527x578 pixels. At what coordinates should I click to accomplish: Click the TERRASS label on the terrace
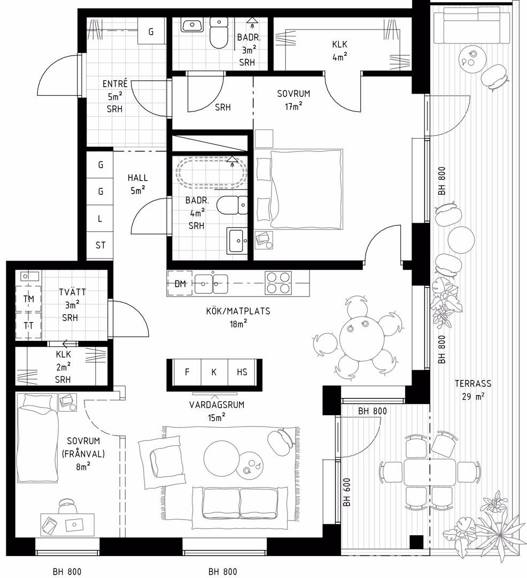(x=473, y=383)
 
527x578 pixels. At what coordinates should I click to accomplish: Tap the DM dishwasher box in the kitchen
(x=180, y=284)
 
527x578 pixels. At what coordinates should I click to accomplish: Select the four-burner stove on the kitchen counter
(x=278, y=283)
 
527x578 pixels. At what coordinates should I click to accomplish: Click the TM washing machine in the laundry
(x=29, y=299)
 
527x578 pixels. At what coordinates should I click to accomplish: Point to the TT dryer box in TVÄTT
(x=29, y=325)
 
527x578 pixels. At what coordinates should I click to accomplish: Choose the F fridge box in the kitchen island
(x=187, y=372)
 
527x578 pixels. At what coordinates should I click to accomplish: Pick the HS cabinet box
(x=242, y=372)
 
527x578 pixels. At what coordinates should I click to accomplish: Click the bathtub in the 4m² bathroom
(x=211, y=172)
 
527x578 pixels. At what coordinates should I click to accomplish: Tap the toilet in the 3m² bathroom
(x=219, y=33)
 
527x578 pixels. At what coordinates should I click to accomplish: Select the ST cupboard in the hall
(x=100, y=245)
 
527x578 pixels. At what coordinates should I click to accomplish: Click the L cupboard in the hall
(x=100, y=218)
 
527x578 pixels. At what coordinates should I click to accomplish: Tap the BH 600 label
(x=347, y=492)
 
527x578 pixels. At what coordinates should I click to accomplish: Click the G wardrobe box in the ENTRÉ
(x=151, y=32)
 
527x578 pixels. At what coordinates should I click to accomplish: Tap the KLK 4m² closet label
(x=339, y=50)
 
